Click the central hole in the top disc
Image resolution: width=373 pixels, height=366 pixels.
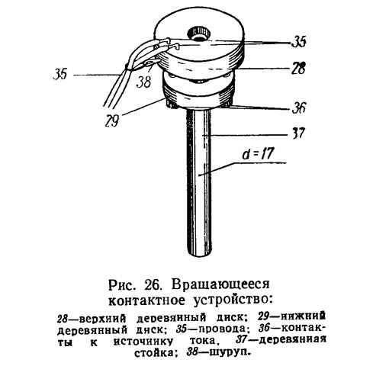coord(199,34)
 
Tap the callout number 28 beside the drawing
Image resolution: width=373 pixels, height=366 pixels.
coord(298,68)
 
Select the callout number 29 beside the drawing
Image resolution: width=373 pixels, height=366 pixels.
coord(112,120)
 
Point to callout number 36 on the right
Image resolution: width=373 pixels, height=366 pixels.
coord(298,108)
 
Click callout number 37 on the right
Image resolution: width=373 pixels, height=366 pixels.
coord(298,133)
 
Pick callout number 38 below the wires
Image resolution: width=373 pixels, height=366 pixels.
coord(144,82)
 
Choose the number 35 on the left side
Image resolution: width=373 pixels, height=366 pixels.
coord(60,74)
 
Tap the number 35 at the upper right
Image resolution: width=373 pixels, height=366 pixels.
coord(298,41)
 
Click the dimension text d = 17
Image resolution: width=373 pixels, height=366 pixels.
coord(259,154)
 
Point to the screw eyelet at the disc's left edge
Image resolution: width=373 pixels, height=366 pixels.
coord(151,62)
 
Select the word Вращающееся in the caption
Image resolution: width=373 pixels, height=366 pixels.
coord(220,284)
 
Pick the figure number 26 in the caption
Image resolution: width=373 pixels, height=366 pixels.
coord(153,284)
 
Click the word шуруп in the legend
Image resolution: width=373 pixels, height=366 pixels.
coord(228,352)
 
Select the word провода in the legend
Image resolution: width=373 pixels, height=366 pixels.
coord(222,329)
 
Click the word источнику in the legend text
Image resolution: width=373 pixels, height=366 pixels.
coord(143,342)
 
